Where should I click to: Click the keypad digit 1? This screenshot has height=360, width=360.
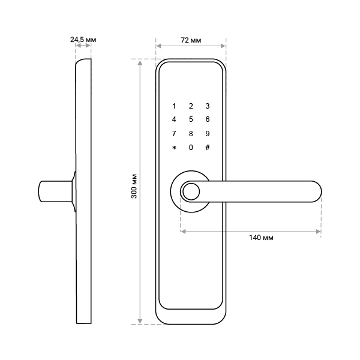point(174,106)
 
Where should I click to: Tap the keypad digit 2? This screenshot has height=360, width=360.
point(191,106)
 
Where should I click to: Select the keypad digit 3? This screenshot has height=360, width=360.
point(208,106)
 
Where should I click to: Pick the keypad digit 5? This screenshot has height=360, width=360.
point(191,119)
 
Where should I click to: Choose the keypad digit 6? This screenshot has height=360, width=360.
point(208,119)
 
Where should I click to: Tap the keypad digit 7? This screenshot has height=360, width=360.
point(174,134)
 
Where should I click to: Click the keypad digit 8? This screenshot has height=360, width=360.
point(191,134)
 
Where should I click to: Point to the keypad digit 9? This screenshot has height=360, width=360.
point(208,134)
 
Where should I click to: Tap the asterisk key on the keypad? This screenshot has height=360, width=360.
point(174,148)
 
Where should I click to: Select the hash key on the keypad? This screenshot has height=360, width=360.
point(208,148)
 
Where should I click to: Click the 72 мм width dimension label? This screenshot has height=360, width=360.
point(191,40)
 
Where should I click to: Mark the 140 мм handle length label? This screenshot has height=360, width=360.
point(261,238)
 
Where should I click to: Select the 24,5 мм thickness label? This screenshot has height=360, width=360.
point(83,40)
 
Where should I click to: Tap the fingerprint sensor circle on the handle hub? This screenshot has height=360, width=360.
point(191,192)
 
